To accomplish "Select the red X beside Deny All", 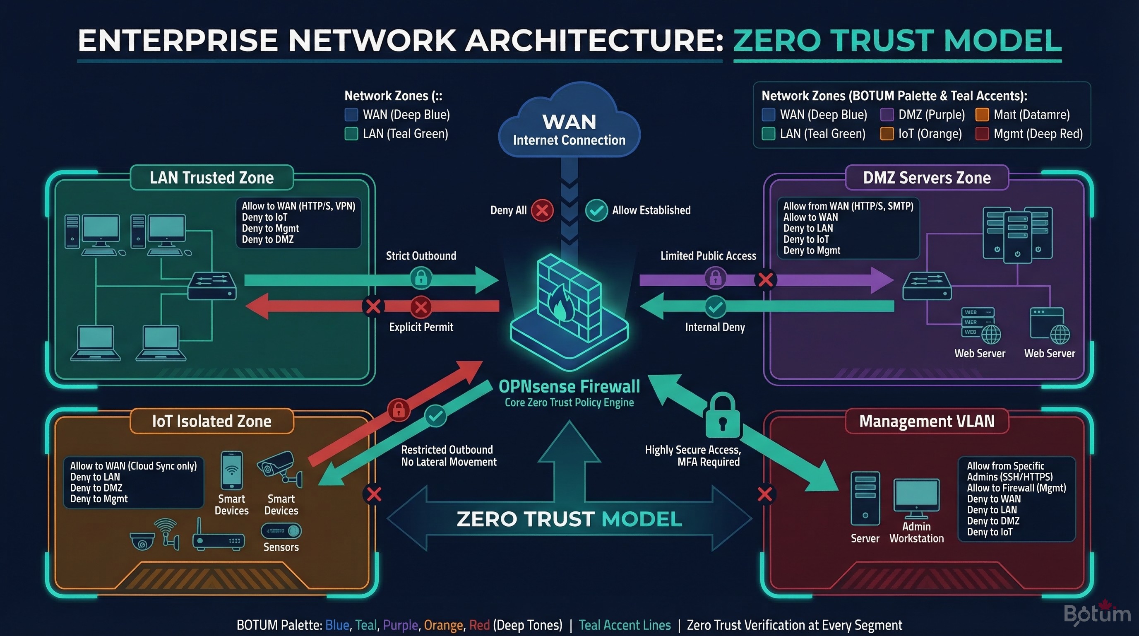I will pos(542,210).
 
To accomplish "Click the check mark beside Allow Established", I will pos(596,210).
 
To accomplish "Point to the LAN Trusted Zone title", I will pos(211,178).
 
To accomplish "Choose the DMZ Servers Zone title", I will pos(927,178).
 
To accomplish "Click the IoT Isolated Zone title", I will pos(211,421).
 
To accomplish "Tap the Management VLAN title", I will pos(927,421).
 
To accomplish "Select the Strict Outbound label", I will pos(421,255).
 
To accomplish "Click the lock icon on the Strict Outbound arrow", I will pos(421,278).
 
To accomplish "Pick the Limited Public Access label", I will pos(708,255).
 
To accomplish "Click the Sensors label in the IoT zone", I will pos(281,547).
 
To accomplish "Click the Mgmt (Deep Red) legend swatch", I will pos(982,134).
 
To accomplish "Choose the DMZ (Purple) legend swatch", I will pos(887,115).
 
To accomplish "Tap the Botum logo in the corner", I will pos(1096,614).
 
